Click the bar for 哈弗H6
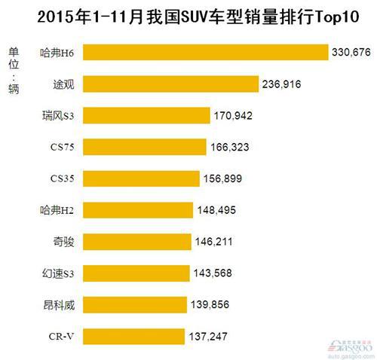(204, 52)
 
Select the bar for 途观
(170, 84)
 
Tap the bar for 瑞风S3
(146, 115)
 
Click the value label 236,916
(281, 84)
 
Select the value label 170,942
(233, 115)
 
